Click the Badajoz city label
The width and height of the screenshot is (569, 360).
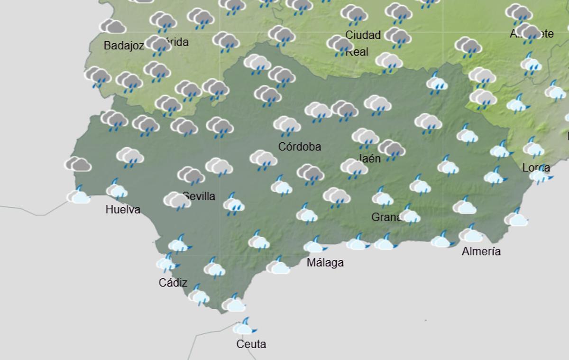tap(124, 46)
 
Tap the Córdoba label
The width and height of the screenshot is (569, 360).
tap(299, 147)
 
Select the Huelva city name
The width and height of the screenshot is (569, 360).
tap(123, 210)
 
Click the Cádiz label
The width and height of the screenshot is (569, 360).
tap(173, 283)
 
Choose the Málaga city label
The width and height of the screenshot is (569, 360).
tap(325, 262)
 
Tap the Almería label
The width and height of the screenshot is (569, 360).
tap(481, 251)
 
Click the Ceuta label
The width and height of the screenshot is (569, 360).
tap(251, 344)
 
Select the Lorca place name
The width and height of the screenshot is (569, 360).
tap(536, 167)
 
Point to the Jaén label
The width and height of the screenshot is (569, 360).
tap(370, 158)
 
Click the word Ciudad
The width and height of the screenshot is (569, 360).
tap(363, 35)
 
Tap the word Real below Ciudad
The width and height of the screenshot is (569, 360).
tap(357, 52)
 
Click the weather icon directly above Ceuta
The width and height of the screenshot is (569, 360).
tap(245, 327)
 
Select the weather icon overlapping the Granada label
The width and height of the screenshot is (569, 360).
tap(409, 214)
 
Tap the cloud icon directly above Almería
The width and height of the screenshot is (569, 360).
tap(470, 234)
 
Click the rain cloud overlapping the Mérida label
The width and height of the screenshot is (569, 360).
tap(158, 45)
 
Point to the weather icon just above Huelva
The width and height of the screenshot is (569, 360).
tap(116, 190)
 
